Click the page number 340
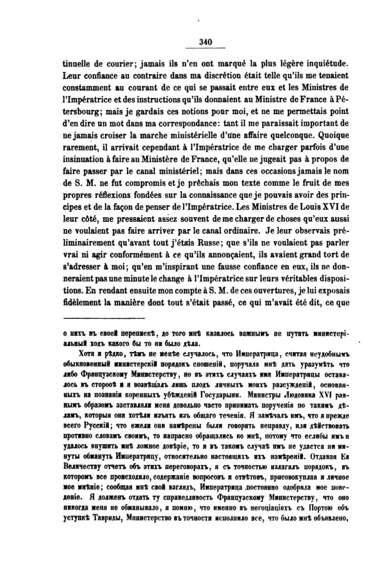coord(205,42)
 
